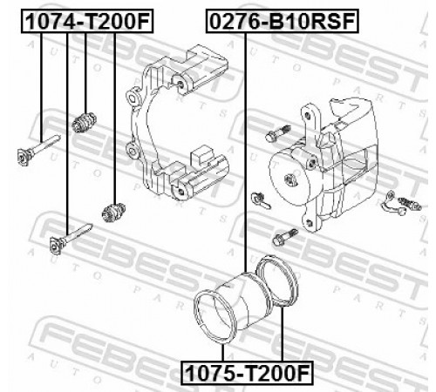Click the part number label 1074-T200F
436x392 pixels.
(87, 21)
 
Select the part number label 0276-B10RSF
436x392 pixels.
(282, 21)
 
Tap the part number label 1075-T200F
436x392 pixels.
(247, 373)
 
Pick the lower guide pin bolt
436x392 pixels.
(71, 239)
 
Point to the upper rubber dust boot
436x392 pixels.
(84, 123)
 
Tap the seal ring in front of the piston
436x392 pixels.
(215, 317)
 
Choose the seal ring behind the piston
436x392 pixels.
(277, 280)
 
